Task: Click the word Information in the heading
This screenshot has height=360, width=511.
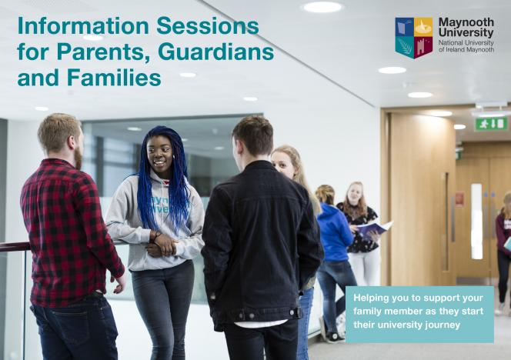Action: pos(83,25)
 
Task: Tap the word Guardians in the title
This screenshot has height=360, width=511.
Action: pos(216,52)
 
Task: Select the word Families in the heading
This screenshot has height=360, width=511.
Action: pos(114,78)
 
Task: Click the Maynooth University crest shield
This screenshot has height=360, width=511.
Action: pos(414,38)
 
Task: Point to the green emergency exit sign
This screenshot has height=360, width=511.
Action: pos(491,124)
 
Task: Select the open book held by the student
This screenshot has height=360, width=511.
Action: pos(375,228)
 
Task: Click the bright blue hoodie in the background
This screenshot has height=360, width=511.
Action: pos(334,232)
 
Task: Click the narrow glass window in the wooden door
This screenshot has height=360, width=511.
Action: pos(476,222)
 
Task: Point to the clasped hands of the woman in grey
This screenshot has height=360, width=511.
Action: pos(162,245)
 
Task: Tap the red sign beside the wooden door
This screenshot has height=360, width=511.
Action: pos(460,199)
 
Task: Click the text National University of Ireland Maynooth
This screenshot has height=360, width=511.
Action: pos(466,46)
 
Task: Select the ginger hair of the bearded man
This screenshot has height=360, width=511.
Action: pos(58,132)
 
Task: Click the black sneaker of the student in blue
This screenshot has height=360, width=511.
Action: pos(334,338)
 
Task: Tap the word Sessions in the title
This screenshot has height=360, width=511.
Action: pos(208,25)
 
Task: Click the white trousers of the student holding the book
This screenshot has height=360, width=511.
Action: pos(365,265)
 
